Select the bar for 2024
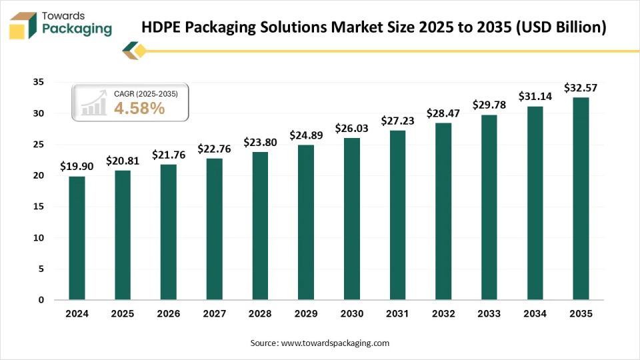point(77,237)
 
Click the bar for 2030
point(351,219)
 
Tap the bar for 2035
point(581,198)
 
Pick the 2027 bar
point(214,229)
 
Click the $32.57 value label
point(581,87)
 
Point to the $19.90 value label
point(77,166)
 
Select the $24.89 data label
point(306,135)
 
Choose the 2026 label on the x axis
point(169,313)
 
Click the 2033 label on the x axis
point(489,313)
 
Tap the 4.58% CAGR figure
point(139,109)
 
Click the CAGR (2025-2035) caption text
point(146,94)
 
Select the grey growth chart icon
point(93,103)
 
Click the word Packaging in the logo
point(77,29)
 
